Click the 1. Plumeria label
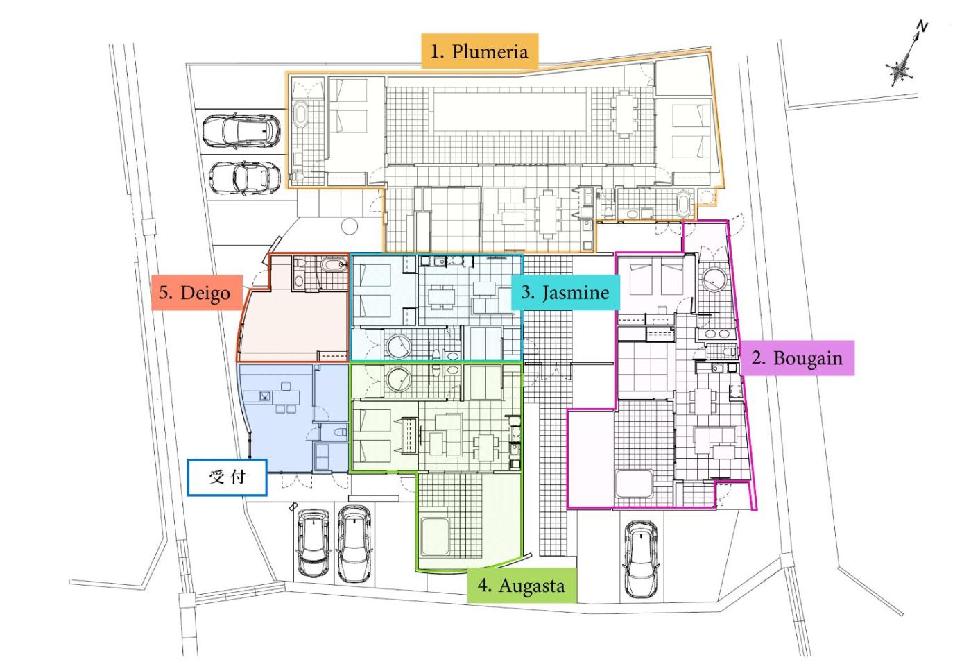coord(479,51)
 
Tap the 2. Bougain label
coord(797,358)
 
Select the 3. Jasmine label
coord(565,292)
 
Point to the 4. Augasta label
coord(522,585)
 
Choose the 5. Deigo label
coord(197,292)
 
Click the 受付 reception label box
coord(227,477)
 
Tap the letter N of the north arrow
coord(921,27)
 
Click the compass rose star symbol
coord(900,69)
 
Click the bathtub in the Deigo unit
coord(334,264)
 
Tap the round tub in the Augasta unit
coord(398,379)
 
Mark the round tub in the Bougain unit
coord(714,280)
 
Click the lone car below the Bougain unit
coord(641,559)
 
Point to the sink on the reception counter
coord(265,396)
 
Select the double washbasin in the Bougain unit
coord(717,334)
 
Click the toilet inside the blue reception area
coord(341,432)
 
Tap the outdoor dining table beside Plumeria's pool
coord(624,114)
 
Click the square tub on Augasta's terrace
coord(435,536)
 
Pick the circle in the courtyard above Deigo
coord(349,226)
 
